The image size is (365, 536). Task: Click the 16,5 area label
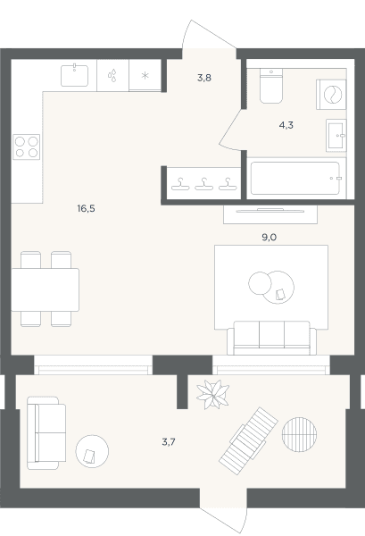click(x=86, y=208)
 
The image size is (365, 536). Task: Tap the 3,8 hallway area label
click(x=204, y=78)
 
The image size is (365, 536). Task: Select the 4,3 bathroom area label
click(x=286, y=125)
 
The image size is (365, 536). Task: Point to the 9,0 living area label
click(x=269, y=238)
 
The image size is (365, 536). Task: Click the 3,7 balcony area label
click(x=169, y=442)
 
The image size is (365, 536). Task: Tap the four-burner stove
click(x=26, y=147)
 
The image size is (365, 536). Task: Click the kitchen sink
click(x=74, y=75)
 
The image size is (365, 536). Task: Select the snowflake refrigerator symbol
click(x=145, y=76)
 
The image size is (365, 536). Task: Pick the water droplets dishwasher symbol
click(x=112, y=75)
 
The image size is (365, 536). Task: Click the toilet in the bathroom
click(x=271, y=86)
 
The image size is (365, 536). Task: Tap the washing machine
click(x=331, y=95)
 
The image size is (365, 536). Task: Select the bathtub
click(x=295, y=178)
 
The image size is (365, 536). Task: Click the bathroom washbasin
click(x=336, y=136)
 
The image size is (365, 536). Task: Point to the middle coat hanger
click(x=203, y=184)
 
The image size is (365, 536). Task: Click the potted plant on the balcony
click(x=212, y=395)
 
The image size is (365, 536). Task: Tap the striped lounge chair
click(x=248, y=441)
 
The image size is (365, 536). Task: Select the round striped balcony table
click(x=299, y=434)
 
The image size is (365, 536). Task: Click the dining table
click(x=46, y=289)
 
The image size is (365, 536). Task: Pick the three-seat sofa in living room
click(x=272, y=338)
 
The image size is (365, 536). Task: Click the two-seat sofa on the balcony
click(x=46, y=432)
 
